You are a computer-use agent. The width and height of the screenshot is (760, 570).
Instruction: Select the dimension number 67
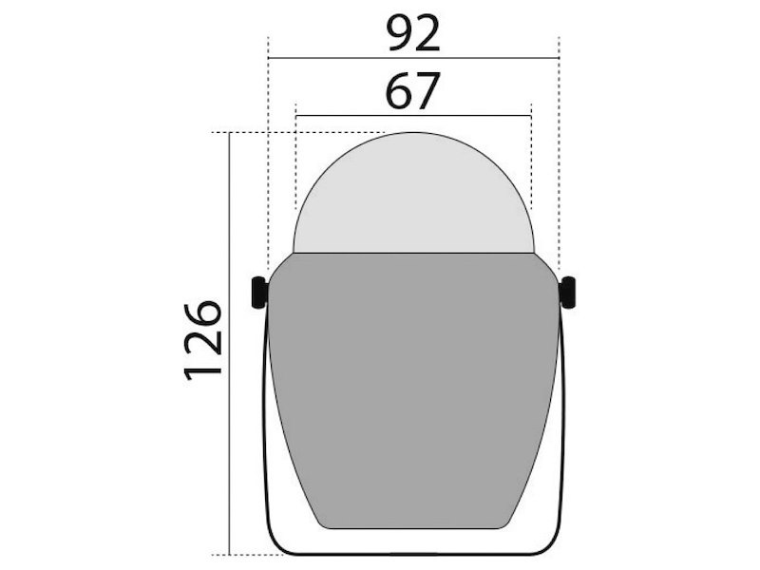413,92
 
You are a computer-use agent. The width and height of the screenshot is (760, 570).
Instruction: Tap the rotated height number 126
202,339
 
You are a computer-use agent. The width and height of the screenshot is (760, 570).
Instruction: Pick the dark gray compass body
413,389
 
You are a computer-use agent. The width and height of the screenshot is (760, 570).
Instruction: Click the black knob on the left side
257,293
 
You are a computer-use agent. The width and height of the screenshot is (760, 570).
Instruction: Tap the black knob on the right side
568,293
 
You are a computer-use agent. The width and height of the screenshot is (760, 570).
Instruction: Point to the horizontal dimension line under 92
413,58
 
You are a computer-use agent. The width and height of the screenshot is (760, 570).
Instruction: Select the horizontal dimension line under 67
413,116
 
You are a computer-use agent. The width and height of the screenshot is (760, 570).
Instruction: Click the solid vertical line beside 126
231,342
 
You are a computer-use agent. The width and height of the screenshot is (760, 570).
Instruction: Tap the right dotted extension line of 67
530,161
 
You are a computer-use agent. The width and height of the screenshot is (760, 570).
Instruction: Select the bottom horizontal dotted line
247,554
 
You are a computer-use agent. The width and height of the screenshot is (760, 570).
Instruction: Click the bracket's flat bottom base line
413,553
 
